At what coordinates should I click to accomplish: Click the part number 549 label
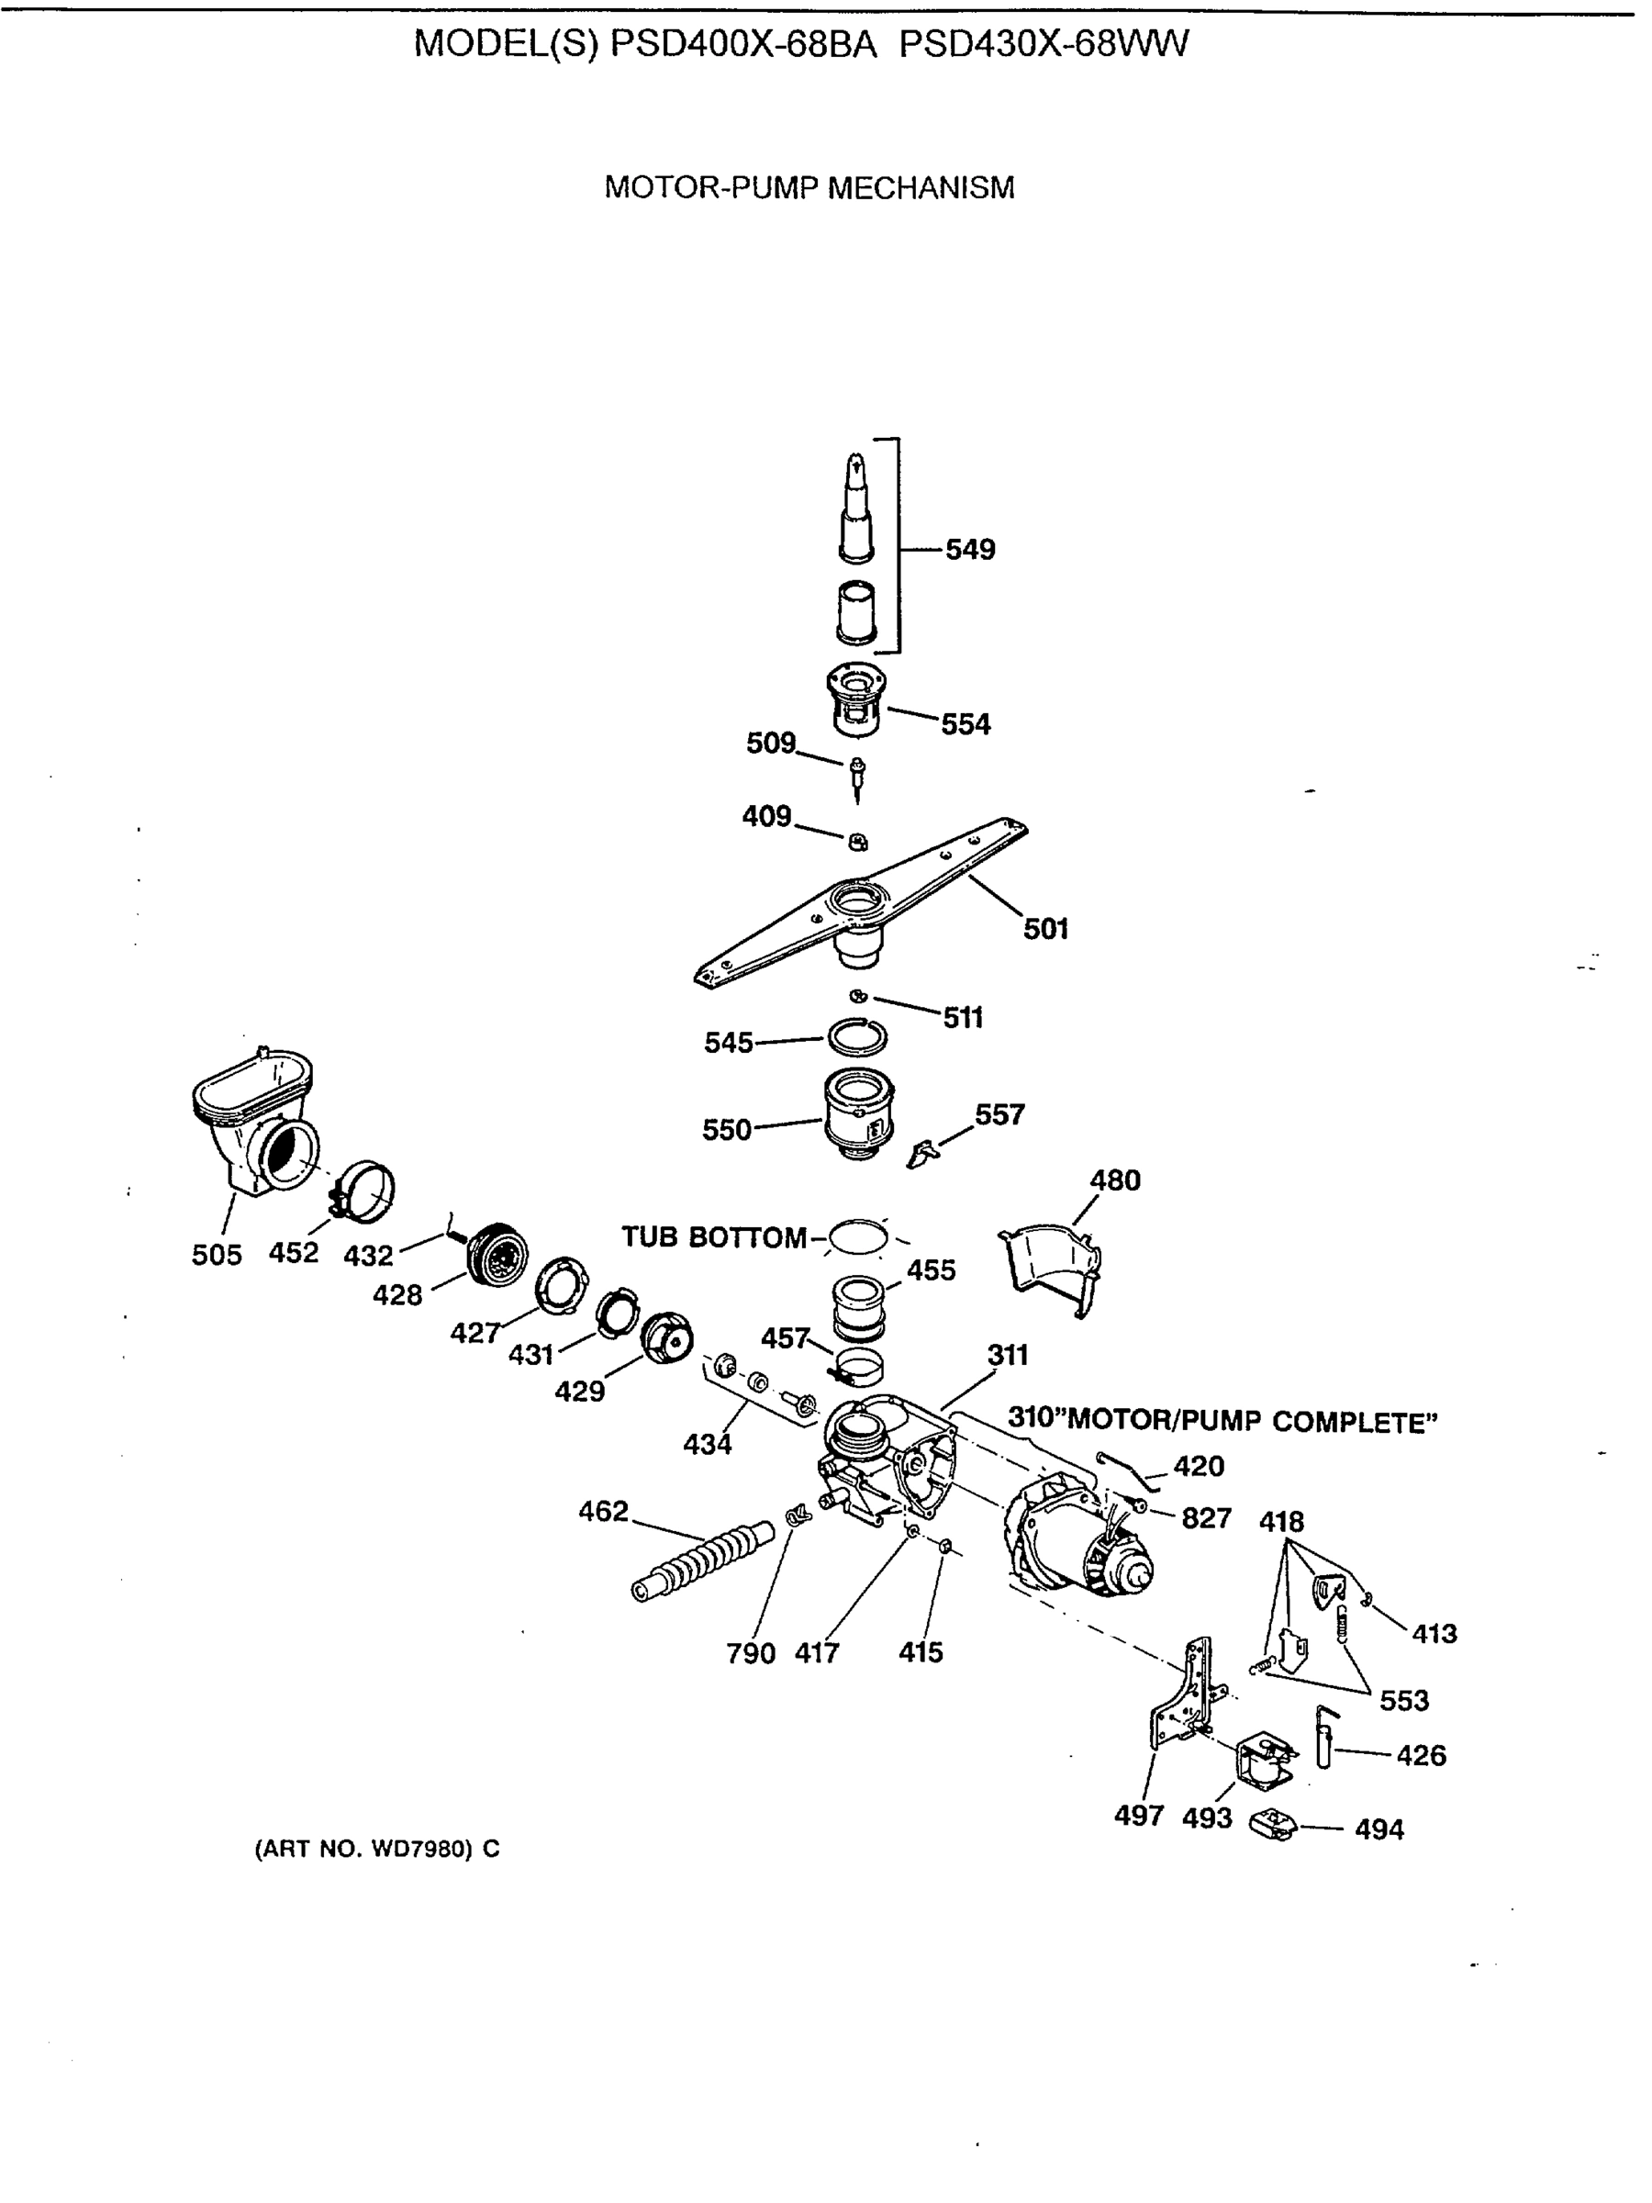[x=969, y=549]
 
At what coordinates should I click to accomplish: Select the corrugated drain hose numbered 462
[x=703, y=1560]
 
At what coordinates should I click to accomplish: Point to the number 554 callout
[x=965, y=724]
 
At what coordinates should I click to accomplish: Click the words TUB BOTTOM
[x=713, y=1237]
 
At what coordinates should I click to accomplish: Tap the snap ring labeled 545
[x=856, y=1038]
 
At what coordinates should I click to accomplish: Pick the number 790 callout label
[x=750, y=1653]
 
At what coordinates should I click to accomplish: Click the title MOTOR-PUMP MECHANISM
[x=809, y=187]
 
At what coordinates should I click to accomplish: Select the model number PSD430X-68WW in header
[x=1044, y=45]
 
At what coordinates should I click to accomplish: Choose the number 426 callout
[x=1420, y=1755]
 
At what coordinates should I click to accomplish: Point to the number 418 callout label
[x=1280, y=1522]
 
